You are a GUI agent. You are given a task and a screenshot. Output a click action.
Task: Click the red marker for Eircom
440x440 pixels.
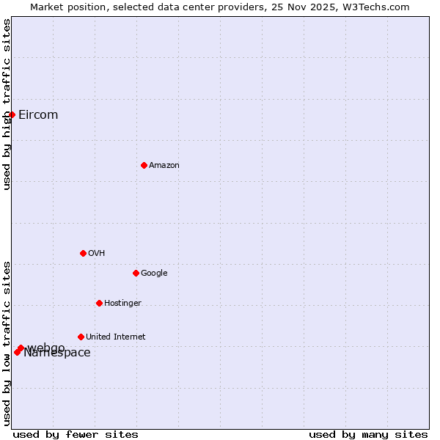pyautogui.click(x=12, y=114)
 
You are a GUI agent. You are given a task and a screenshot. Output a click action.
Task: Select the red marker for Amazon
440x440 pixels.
pyautogui.click(x=144, y=165)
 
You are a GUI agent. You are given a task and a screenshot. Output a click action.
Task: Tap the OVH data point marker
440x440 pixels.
pyautogui.click(x=83, y=253)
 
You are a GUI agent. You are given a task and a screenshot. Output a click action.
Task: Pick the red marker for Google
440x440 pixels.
pyautogui.click(x=136, y=273)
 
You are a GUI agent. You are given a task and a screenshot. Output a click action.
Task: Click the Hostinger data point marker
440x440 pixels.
pyautogui.click(x=99, y=303)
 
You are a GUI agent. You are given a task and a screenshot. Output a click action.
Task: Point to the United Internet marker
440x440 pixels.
pyautogui.click(x=81, y=337)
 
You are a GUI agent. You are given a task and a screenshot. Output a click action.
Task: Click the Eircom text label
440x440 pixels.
pyautogui.click(x=38, y=115)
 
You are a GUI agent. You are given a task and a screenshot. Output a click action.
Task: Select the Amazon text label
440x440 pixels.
pyautogui.click(x=164, y=166)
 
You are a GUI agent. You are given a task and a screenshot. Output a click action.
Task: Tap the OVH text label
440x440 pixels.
pyautogui.click(x=97, y=254)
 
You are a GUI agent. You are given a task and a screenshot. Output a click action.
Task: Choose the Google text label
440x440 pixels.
pyautogui.click(x=154, y=274)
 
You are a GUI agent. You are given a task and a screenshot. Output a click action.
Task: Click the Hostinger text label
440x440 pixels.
pyautogui.click(x=122, y=304)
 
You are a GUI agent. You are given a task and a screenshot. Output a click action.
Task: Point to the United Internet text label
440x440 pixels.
pyautogui.click(x=116, y=337)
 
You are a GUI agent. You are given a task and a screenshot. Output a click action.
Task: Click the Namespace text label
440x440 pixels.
pyautogui.click(x=57, y=353)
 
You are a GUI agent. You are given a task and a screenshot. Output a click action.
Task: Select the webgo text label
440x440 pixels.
pyautogui.click(x=48, y=346)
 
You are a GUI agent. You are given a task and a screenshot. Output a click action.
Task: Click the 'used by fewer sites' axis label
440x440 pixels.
pyautogui.click(x=76, y=434)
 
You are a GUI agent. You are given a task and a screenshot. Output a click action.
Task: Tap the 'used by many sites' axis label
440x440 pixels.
pyautogui.click(x=368, y=434)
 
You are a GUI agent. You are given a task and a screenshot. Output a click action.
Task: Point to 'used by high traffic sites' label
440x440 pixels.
pyautogui.click(x=7, y=104)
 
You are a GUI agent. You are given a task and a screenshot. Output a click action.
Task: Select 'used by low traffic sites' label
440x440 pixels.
pyautogui.click(x=7, y=343)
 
